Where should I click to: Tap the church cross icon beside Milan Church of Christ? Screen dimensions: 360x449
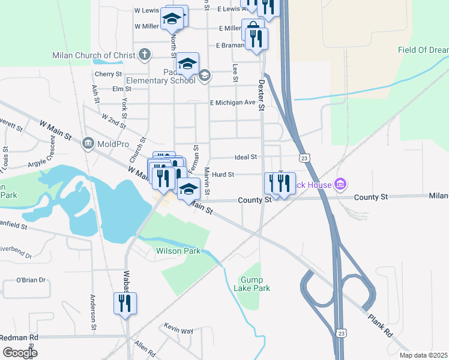pyautogui.click(x=144, y=55)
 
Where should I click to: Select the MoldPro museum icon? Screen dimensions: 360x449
pyautogui.click(x=88, y=143)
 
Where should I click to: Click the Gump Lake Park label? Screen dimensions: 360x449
pyautogui.click(x=255, y=284)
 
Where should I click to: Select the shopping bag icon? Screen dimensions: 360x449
pyautogui.click(x=253, y=28)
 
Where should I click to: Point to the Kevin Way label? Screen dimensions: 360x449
pyautogui.click(x=179, y=331)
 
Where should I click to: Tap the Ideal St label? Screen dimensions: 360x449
pyautogui.click(x=246, y=157)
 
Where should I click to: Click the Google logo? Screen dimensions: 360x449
pyautogui.click(x=19, y=353)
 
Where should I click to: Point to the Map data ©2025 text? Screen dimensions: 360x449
pyautogui.click(x=423, y=355)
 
